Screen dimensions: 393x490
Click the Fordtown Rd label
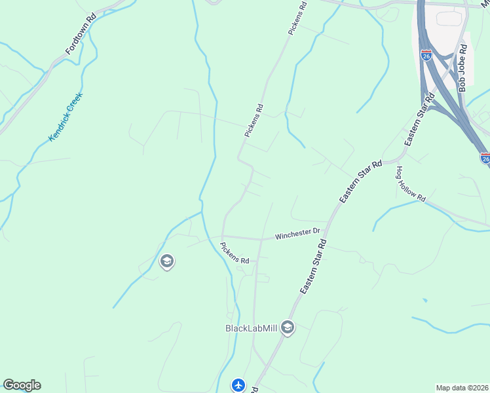point(81,34)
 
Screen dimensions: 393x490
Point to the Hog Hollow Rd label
point(410,183)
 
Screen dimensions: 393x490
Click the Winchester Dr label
point(297,233)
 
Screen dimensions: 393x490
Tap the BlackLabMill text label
point(252,328)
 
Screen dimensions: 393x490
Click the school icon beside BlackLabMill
point(287,327)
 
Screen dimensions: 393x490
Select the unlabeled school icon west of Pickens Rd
point(166,262)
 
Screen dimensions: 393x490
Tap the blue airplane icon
point(239,385)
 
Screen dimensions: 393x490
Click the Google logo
point(22,385)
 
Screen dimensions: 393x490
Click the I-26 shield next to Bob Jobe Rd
point(426,55)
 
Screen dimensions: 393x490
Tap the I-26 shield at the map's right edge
point(485,158)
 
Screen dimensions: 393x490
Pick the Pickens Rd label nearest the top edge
point(297,18)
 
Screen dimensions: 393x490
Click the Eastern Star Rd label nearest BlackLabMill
point(313,267)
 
